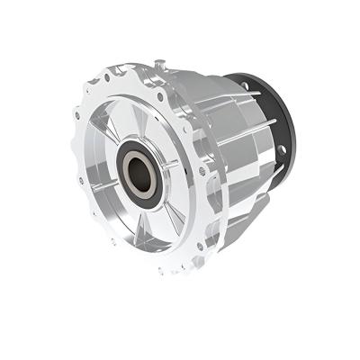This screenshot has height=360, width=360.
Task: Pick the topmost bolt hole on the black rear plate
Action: pos(245,82)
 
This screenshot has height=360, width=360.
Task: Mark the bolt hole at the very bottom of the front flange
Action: pos(163,271)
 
